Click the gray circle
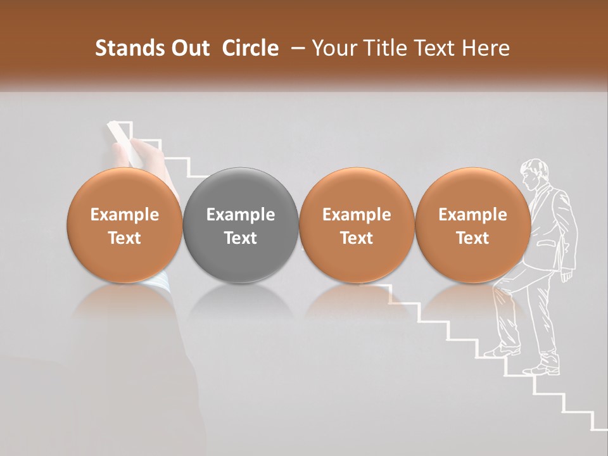click(x=241, y=225)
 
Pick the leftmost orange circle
click(x=125, y=225)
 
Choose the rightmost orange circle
click(x=472, y=225)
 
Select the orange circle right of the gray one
click(x=357, y=225)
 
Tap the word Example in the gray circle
click(x=241, y=215)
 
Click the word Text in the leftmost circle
click(x=125, y=238)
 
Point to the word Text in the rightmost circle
click(x=472, y=238)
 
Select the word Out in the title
click(x=188, y=49)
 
